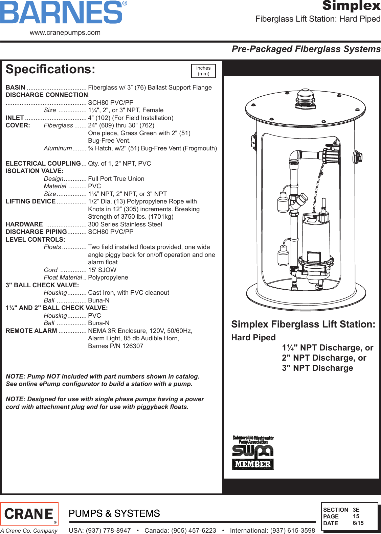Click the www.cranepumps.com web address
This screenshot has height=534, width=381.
65,33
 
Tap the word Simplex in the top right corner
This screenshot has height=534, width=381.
351,6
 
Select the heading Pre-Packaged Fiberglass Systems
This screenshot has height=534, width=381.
306,49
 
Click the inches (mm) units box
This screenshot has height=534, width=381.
203,71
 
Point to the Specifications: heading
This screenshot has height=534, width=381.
50,69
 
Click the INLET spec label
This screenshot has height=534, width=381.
15,118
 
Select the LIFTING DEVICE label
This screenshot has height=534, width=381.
30,201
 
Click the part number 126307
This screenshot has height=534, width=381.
133,346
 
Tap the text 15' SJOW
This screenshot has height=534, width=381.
102,270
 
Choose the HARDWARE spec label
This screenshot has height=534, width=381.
24,224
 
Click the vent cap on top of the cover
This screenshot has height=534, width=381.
306,98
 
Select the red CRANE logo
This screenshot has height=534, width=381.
29,514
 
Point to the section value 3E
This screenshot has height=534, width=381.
356,510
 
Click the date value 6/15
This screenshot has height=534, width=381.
358,523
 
